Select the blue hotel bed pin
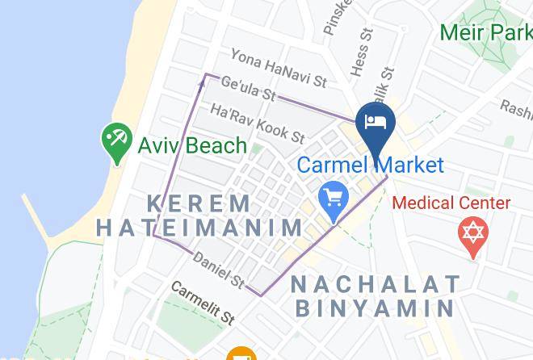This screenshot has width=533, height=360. coord(375,123)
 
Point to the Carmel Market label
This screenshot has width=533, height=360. coord(371,165)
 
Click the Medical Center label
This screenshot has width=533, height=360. coord(451,203)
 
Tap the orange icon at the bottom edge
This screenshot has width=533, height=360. coord(240,354)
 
